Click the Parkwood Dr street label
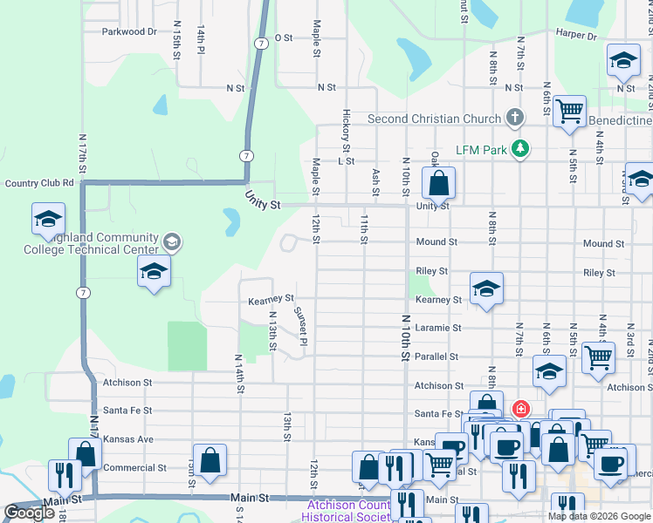tap(128, 31)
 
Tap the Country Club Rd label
tap(39, 183)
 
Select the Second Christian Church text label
tap(434, 119)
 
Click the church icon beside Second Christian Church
tap(515, 118)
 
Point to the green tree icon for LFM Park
tap(520, 149)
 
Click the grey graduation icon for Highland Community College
tap(172, 241)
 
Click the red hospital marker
tap(520, 409)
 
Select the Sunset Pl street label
tap(300, 325)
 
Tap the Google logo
tap(30, 513)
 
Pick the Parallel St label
tap(436, 357)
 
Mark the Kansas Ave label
tap(127, 439)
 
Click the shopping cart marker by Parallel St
tap(598, 357)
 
